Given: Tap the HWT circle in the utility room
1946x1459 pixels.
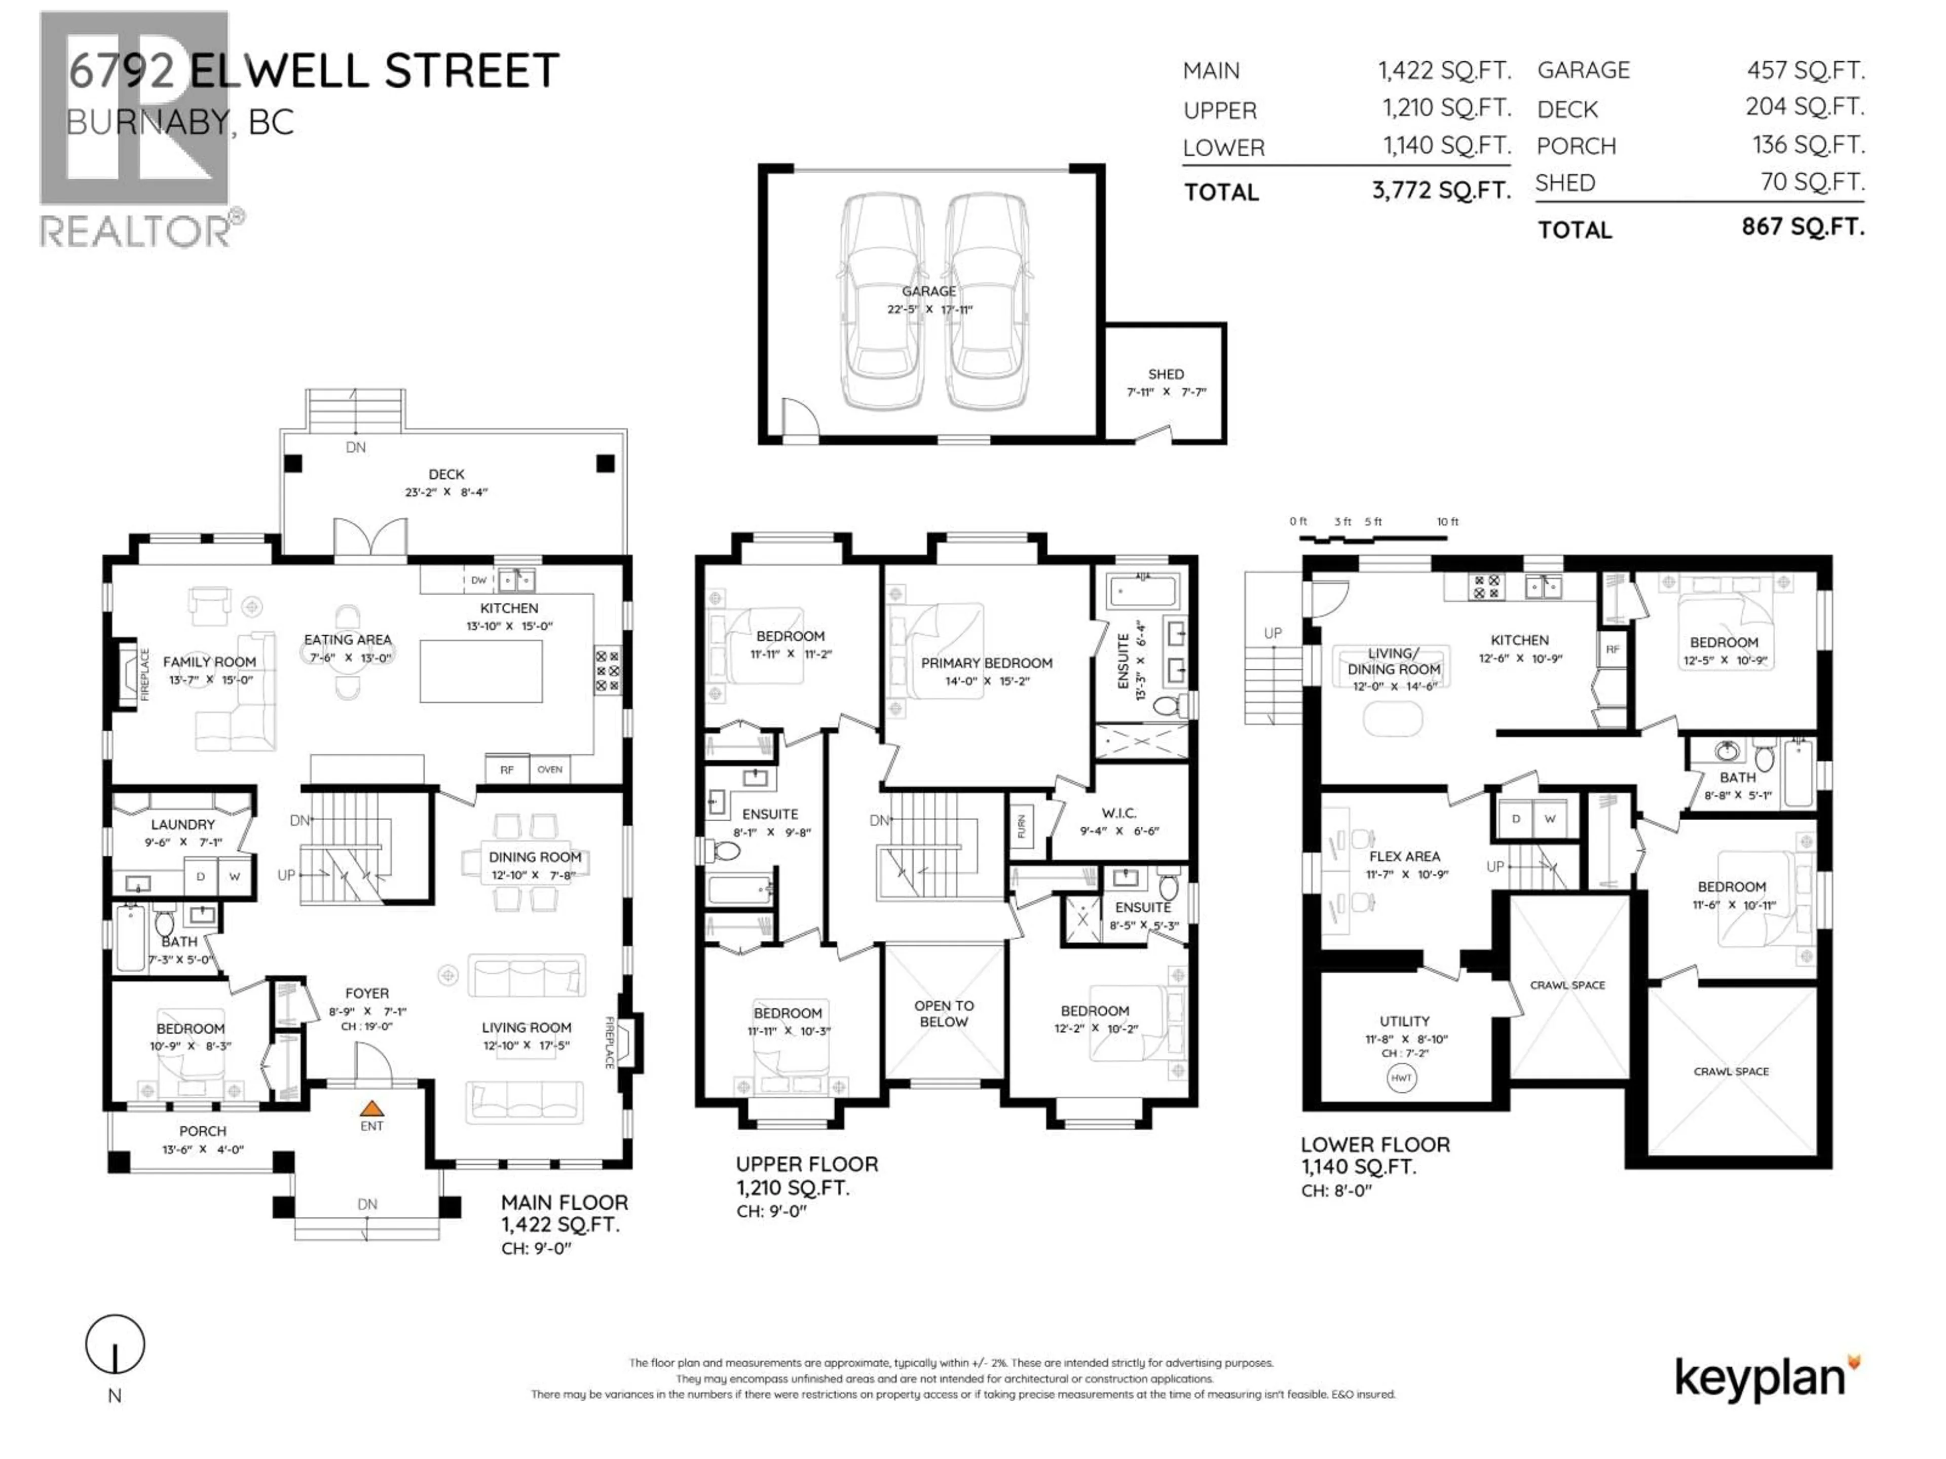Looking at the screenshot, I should (x=1401, y=1078).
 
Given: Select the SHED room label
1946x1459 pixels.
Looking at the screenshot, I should (x=1166, y=374).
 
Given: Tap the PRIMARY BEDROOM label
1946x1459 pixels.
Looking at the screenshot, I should (x=986, y=663).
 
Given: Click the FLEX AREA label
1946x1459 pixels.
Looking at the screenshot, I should (x=1404, y=856).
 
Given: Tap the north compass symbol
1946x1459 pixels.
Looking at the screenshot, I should (x=115, y=1345).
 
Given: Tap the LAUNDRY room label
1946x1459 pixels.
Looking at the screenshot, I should (x=183, y=824).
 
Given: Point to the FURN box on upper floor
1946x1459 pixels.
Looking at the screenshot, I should (x=1021, y=827).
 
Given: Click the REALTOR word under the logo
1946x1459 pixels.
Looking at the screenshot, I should (x=136, y=232).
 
